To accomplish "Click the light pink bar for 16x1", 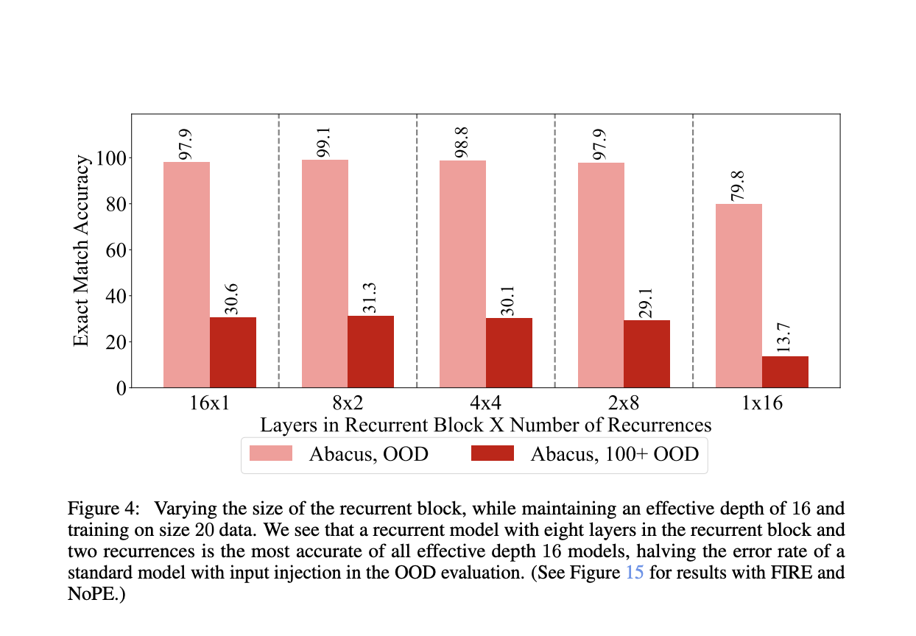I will (x=186, y=275).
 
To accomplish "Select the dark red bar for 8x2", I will (x=370, y=351).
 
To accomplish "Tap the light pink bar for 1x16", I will (x=739, y=295).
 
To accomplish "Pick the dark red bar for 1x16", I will (x=785, y=372).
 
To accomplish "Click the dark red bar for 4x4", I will (x=509, y=353).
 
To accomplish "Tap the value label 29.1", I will (x=647, y=303).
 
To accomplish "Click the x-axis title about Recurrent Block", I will (x=485, y=425).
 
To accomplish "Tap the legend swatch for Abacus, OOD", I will (x=271, y=453).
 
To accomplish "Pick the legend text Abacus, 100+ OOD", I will (x=614, y=453).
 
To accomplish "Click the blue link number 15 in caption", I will (x=634, y=573).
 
